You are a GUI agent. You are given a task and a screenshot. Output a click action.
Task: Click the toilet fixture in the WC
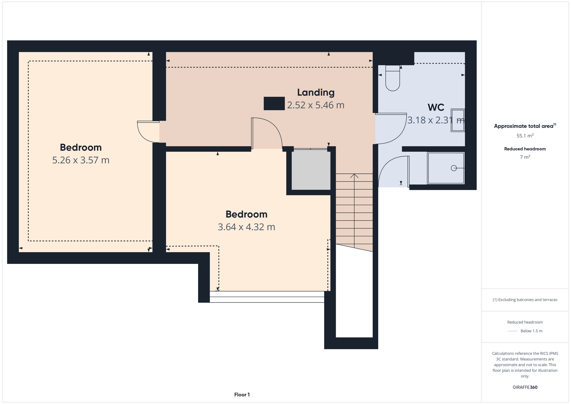393,79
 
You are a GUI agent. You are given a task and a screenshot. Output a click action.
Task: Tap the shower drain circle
454,168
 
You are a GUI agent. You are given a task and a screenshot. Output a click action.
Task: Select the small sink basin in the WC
458,120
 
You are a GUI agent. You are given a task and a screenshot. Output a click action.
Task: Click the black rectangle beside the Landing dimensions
274,104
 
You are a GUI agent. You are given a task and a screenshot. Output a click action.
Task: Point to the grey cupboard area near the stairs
311,170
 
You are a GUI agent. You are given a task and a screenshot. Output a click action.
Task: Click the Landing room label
316,93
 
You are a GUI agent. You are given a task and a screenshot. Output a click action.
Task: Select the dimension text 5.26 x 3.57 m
81,160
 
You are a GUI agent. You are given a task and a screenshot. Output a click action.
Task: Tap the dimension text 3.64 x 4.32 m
246,227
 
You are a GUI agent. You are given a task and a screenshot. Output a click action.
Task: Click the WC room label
436,107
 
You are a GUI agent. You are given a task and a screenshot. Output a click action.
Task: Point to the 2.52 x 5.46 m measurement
316,105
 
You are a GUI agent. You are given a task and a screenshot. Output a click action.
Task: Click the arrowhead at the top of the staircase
354,176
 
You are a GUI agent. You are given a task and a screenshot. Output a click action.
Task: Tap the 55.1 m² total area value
525,136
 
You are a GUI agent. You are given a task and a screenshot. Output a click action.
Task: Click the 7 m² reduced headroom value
525,157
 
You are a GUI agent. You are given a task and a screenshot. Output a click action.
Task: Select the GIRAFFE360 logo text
525,387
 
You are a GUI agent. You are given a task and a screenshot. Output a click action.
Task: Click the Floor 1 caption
242,395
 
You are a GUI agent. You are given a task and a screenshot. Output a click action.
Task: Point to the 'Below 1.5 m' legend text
531,331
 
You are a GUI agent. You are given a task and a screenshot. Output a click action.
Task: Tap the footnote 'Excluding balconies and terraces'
525,300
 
